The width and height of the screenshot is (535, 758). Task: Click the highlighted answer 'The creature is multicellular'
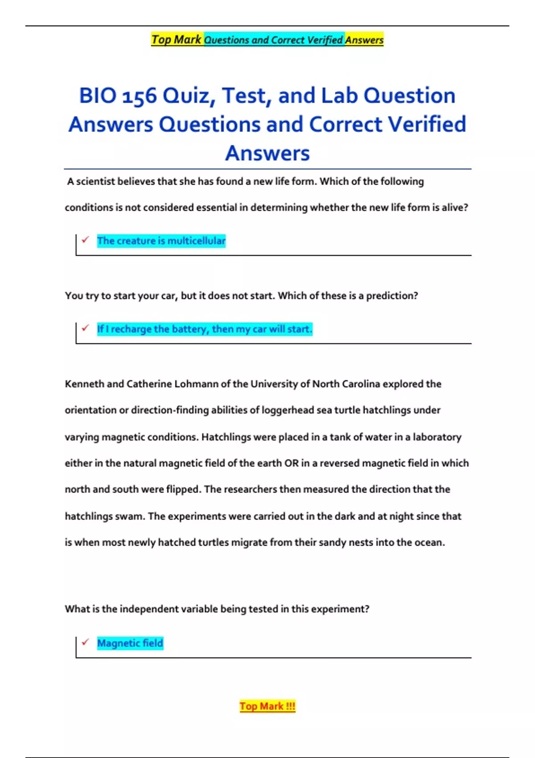(x=161, y=241)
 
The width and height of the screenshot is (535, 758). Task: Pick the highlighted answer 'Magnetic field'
(x=130, y=643)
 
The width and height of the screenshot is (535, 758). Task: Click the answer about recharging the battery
(x=205, y=329)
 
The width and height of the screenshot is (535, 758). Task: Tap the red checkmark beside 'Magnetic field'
(x=85, y=642)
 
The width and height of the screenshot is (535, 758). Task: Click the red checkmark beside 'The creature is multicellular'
(x=85, y=240)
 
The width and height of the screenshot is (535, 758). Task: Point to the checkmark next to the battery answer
(x=85, y=328)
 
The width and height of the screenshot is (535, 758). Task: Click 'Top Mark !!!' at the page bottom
(x=267, y=706)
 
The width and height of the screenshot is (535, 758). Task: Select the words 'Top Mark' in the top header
(x=177, y=40)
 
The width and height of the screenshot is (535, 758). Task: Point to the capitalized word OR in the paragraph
(x=291, y=463)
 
